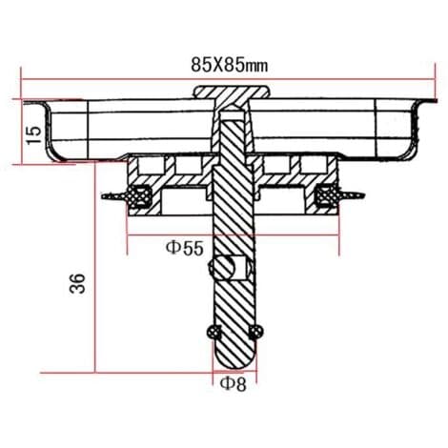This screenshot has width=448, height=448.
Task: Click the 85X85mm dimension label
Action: [230, 66]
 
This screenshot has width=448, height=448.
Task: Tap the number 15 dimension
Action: [34, 135]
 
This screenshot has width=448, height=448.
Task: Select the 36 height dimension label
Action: [77, 283]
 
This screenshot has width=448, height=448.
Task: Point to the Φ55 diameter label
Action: [184, 249]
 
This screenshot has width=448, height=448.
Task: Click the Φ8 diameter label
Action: [234, 384]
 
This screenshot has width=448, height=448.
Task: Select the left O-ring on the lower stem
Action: [214, 333]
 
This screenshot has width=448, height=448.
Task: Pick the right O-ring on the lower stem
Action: [255, 333]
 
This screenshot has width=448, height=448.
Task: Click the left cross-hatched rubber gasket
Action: [139, 196]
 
